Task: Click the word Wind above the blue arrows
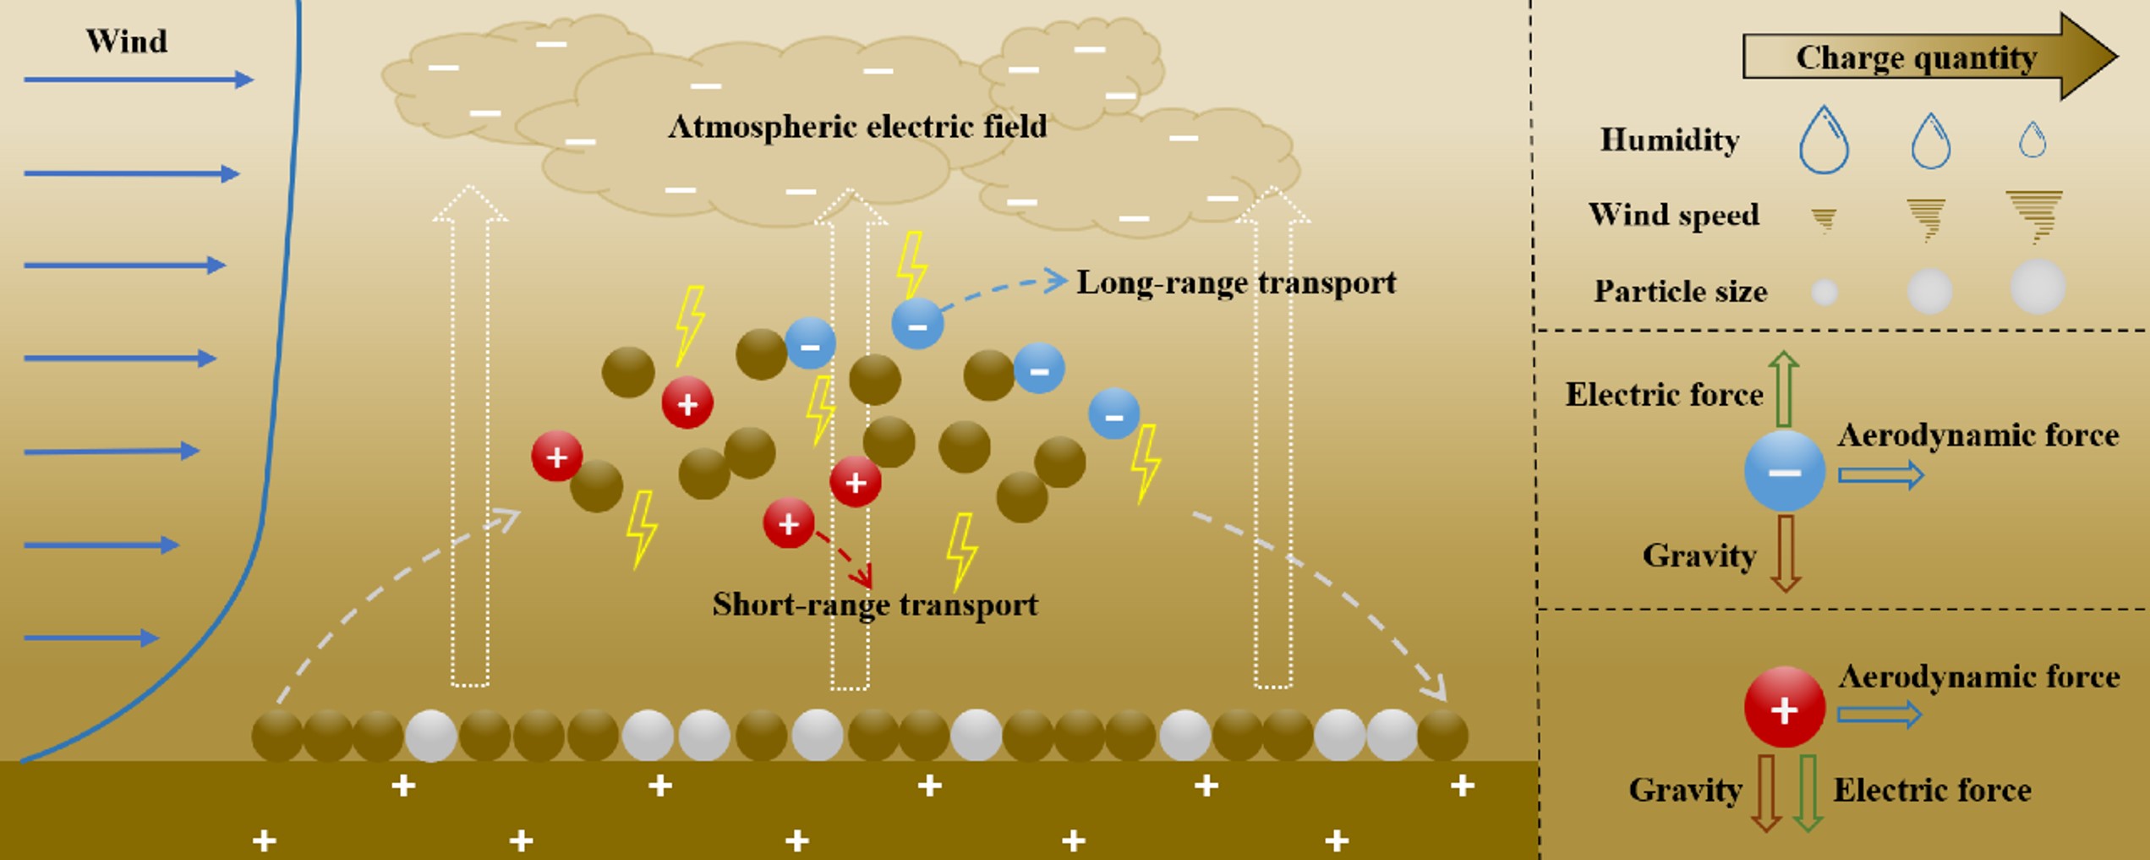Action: (127, 41)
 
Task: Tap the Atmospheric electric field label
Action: (857, 127)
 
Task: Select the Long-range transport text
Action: (1236, 282)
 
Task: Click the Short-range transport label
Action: (875, 605)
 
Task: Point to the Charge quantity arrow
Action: (1928, 58)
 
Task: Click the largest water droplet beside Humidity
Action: (1824, 140)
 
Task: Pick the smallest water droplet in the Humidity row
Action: (2032, 140)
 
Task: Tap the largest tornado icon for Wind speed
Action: (2035, 216)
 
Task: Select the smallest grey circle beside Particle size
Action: (1825, 293)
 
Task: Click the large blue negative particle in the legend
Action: (1785, 471)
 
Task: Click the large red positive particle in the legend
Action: (1784, 708)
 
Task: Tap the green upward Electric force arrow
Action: (1784, 389)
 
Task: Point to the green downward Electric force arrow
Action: (1807, 792)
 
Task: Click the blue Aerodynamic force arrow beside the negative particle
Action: (1880, 475)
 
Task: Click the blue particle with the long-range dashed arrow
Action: (917, 324)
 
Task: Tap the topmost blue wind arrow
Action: (138, 79)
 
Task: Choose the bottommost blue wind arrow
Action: (91, 638)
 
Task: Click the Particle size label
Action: (1680, 292)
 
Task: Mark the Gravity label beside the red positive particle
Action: (1685, 790)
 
